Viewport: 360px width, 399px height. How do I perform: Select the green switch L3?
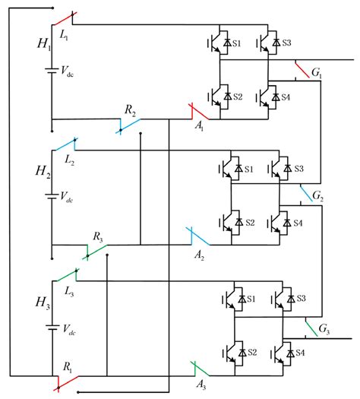point(66,274)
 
